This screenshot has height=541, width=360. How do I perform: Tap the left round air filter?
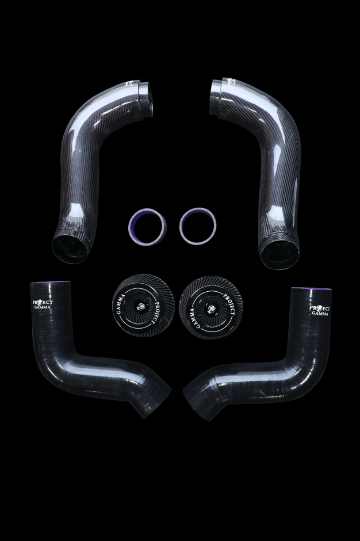(x=143, y=306)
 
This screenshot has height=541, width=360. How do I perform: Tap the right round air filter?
(x=210, y=308)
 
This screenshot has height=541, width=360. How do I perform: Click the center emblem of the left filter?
(x=141, y=306)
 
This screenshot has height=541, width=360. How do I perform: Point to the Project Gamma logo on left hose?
(x=43, y=304)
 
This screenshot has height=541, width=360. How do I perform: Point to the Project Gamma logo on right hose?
(x=319, y=310)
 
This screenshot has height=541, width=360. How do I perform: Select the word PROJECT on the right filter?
(x=230, y=304)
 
